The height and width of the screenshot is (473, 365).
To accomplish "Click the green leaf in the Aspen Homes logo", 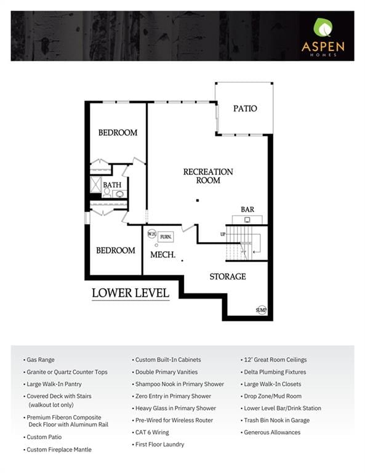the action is coord(323,27).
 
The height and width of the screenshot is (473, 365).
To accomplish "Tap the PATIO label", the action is coord(245,108).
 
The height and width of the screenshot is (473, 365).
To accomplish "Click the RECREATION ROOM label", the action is coord(208,176).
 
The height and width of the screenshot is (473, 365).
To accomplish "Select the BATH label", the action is coord(112,185).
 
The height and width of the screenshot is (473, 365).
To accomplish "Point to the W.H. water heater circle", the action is coord(152,234).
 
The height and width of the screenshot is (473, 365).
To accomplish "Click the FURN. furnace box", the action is coord(166,236).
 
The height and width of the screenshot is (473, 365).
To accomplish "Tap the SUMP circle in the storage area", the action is coord(262,310).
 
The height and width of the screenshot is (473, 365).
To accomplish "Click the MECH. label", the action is coord(162,255).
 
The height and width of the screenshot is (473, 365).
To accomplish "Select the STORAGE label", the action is coord(228,277).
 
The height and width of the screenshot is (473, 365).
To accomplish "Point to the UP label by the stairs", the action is coord(223,234).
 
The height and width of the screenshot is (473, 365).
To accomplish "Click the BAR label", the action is coord(247,209).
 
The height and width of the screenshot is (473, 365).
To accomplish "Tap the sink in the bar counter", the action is coord(247,220).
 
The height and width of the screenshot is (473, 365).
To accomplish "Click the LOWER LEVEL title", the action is coord(130,293).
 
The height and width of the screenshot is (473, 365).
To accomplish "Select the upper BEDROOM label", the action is coord(118,133).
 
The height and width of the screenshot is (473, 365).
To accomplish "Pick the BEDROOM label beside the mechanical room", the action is coord(116,251).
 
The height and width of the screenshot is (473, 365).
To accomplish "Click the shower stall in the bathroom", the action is coord(96,185).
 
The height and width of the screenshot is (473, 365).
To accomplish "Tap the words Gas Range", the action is coord(41,360).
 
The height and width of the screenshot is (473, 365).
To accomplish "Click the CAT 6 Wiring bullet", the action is coord(150,432).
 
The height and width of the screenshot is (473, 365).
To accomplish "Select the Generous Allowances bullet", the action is coord(270,432).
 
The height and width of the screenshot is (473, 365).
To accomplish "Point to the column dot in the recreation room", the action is coord(198,200).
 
